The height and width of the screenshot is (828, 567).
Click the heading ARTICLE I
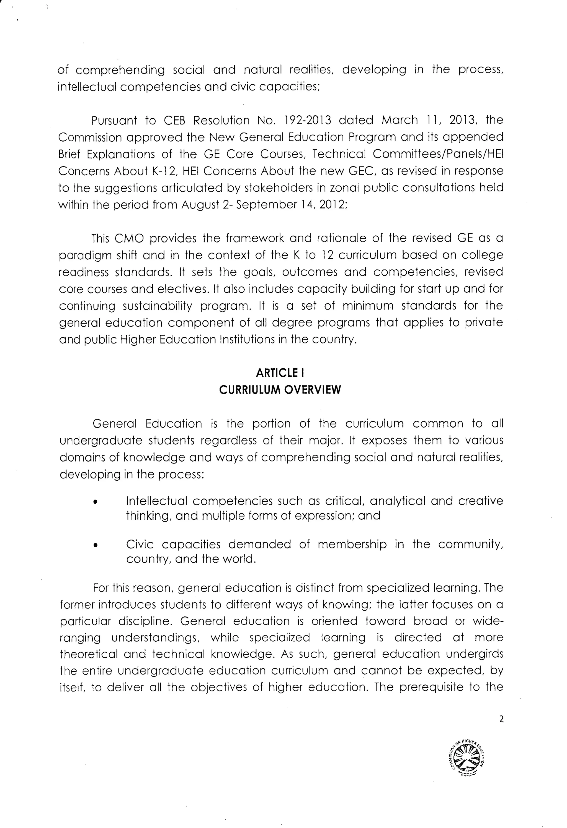pos(280,373)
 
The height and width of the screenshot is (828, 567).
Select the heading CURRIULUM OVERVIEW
pos(280,390)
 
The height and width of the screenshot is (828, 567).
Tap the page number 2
pos(501,719)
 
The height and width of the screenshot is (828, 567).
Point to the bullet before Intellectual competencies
pos(95,502)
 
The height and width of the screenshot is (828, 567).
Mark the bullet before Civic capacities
pos(95,545)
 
